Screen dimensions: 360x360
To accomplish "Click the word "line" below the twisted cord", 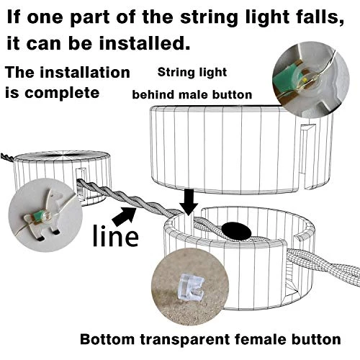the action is pyautogui.click(x=115, y=235).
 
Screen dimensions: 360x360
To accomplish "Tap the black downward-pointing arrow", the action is pyautogui.click(x=189, y=202).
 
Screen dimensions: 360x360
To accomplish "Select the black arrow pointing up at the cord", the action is pyautogui.click(x=124, y=217).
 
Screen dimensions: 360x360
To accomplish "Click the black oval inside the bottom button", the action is pyautogui.click(x=236, y=231).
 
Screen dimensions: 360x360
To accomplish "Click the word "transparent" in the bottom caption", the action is pyautogui.click(x=185, y=340).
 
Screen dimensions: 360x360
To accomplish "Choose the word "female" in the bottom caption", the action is pyautogui.click(x=261, y=339).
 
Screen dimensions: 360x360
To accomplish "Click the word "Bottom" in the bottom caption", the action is pyautogui.click(x=108, y=339).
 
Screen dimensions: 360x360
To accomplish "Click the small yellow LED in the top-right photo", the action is pyautogui.click(x=305, y=79).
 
